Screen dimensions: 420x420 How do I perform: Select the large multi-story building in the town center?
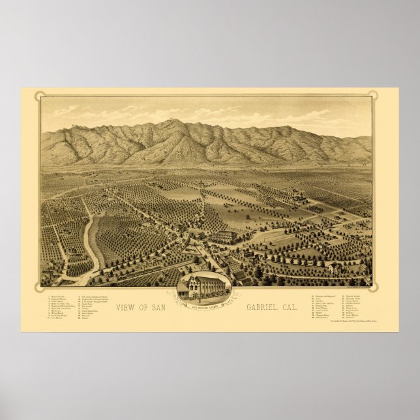[x=224, y=236]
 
